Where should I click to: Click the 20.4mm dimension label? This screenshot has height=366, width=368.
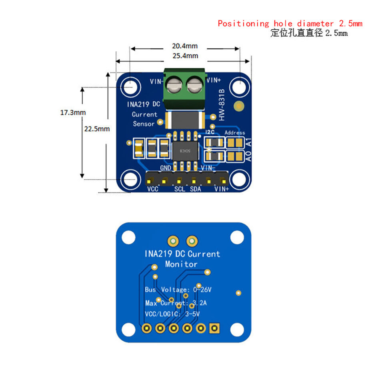tap(185, 46)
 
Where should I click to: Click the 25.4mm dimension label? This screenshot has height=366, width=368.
tap(185, 56)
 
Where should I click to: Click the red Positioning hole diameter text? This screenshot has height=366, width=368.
tap(290, 24)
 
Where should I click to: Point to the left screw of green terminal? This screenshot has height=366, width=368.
tap(174, 84)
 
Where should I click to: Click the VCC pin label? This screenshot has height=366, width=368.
tap(153, 189)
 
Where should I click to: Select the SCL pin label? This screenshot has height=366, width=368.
tap(180, 189)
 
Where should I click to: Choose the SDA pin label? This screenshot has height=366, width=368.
tap(195, 189)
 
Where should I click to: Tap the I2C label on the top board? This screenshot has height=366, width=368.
tap(210, 132)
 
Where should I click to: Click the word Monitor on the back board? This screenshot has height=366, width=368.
tap(181, 264)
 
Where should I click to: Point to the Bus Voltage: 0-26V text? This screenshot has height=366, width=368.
tap(178, 290)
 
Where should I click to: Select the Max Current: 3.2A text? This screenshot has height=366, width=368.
tap(176, 303)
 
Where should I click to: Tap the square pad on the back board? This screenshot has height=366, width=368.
tap(214, 328)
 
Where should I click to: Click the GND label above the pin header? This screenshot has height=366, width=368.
tap(166, 168)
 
